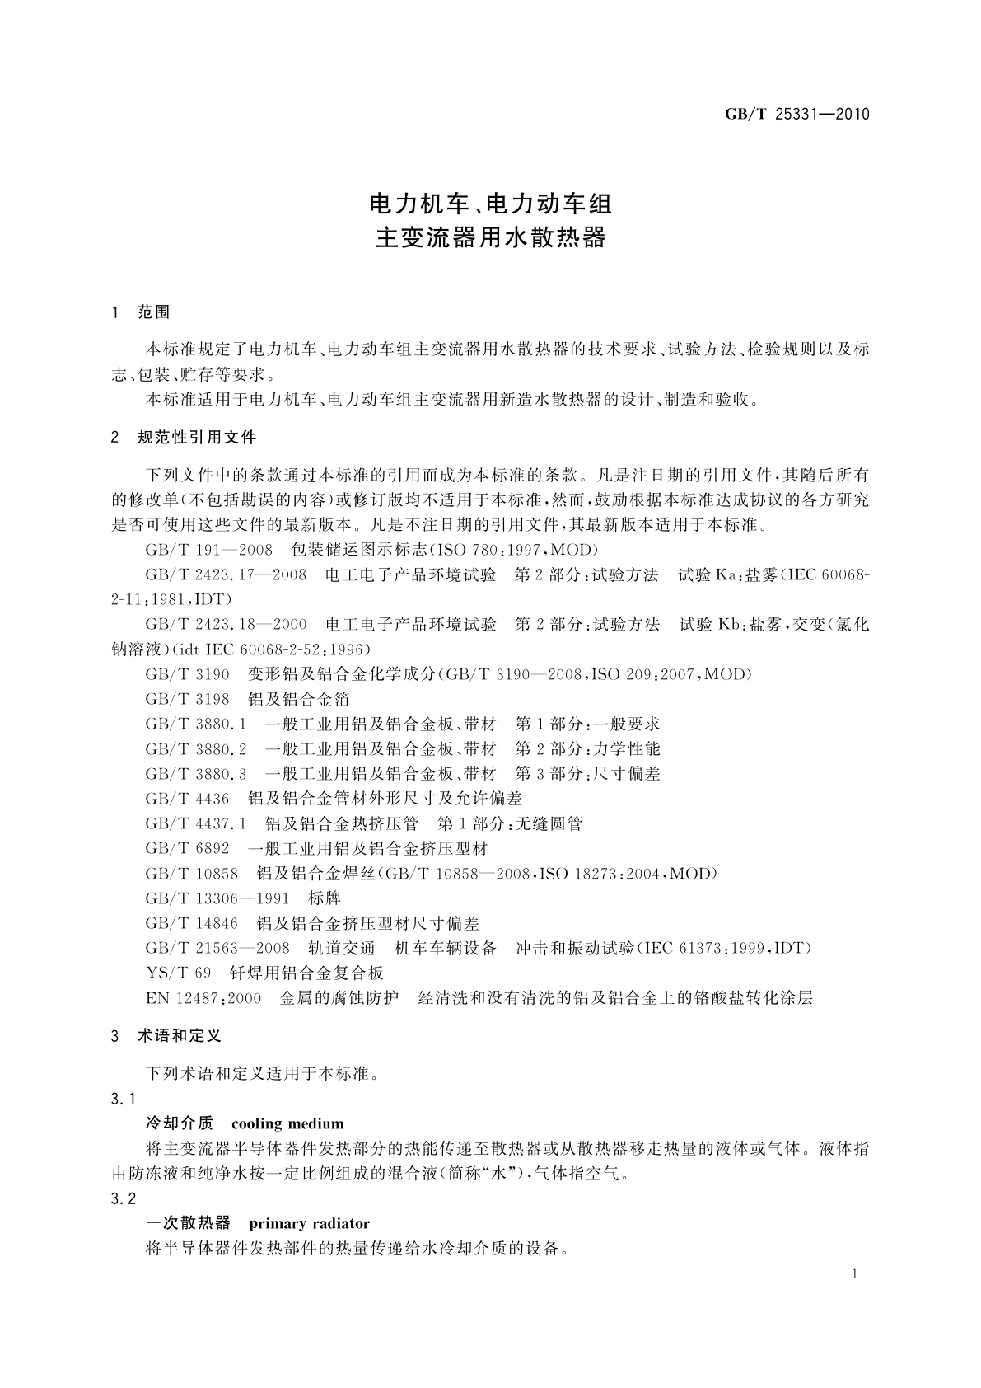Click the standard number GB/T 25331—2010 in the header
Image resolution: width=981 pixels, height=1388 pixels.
(x=796, y=115)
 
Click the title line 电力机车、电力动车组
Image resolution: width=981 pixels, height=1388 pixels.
(x=490, y=203)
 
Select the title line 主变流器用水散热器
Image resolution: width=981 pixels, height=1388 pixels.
(x=490, y=238)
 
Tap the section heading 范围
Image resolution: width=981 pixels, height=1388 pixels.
(x=154, y=312)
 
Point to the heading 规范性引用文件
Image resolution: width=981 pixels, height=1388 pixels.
(x=197, y=437)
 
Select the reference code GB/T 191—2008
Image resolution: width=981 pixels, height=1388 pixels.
(x=208, y=550)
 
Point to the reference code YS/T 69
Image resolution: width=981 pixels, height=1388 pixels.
(x=178, y=973)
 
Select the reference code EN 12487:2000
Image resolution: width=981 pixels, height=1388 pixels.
(x=203, y=998)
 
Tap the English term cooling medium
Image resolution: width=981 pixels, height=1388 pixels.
(x=287, y=1123)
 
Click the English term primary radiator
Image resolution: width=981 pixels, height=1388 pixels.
(x=309, y=1223)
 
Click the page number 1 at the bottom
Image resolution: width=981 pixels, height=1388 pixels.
(x=854, y=1274)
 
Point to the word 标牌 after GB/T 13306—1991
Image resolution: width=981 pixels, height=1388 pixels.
(x=325, y=898)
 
